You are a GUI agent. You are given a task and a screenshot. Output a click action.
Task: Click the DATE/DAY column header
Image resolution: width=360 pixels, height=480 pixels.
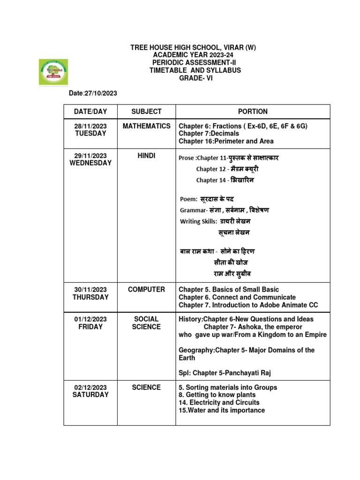click(x=90, y=112)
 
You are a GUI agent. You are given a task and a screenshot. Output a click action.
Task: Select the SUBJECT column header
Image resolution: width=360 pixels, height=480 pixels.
click(x=146, y=112)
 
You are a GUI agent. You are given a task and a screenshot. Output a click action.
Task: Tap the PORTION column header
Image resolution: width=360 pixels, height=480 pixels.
click(x=253, y=112)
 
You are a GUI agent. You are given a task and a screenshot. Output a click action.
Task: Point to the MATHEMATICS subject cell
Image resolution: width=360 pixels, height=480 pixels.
click(x=146, y=126)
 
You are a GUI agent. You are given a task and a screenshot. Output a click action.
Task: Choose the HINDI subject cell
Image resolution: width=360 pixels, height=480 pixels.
click(x=146, y=156)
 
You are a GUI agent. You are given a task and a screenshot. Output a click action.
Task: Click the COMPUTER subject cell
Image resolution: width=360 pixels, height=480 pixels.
click(x=146, y=290)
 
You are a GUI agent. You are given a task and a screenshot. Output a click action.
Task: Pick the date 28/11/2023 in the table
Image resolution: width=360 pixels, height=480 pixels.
click(x=90, y=126)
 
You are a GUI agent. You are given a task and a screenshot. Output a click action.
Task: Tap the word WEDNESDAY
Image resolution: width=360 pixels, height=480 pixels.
click(x=90, y=163)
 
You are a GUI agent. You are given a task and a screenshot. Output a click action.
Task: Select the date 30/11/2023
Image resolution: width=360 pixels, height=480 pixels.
click(x=90, y=290)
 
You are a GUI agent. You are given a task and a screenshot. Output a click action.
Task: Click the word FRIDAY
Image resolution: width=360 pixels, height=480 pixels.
click(x=90, y=327)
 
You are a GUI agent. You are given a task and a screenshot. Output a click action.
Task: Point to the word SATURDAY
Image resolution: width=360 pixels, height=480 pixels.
click(x=90, y=395)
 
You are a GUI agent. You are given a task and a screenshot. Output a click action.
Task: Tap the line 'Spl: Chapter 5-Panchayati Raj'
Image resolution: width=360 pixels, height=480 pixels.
click(x=225, y=373)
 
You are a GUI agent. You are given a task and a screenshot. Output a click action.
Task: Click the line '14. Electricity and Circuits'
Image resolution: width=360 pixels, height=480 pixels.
click(x=219, y=403)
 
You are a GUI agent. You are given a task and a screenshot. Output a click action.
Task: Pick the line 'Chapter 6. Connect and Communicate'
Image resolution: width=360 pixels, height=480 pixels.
click(x=237, y=297)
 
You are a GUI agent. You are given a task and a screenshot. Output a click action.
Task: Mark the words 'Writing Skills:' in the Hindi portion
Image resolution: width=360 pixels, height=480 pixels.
click(x=199, y=221)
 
